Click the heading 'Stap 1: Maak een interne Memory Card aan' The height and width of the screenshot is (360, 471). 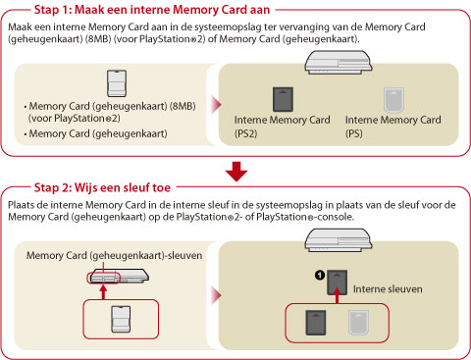[152, 10]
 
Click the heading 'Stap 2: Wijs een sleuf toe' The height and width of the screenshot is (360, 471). [102, 187]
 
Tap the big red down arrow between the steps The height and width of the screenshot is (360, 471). [236, 172]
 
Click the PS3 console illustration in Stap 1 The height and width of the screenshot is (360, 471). [339, 62]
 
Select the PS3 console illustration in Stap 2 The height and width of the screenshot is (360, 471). [339, 240]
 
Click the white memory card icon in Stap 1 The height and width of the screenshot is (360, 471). [117, 83]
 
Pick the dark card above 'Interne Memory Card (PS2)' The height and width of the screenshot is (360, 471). [283, 99]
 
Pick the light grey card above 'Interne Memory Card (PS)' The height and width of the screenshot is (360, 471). [394, 100]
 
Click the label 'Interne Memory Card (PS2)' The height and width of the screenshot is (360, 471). [282, 127]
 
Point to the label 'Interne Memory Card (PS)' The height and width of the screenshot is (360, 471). [393, 127]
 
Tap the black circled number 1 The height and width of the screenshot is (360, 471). [320, 276]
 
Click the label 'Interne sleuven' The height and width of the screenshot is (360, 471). [388, 289]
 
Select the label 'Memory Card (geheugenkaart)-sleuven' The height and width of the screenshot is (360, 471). [114, 255]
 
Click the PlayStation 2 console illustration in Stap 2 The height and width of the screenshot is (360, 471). [119, 277]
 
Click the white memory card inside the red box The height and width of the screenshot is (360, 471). [121, 320]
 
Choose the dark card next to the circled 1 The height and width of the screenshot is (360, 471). [338, 283]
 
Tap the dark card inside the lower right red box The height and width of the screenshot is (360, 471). [316, 323]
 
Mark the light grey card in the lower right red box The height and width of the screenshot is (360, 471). [359, 323]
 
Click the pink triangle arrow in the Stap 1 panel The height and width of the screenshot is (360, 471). [217, 105]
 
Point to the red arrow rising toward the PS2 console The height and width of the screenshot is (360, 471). [104, 292]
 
